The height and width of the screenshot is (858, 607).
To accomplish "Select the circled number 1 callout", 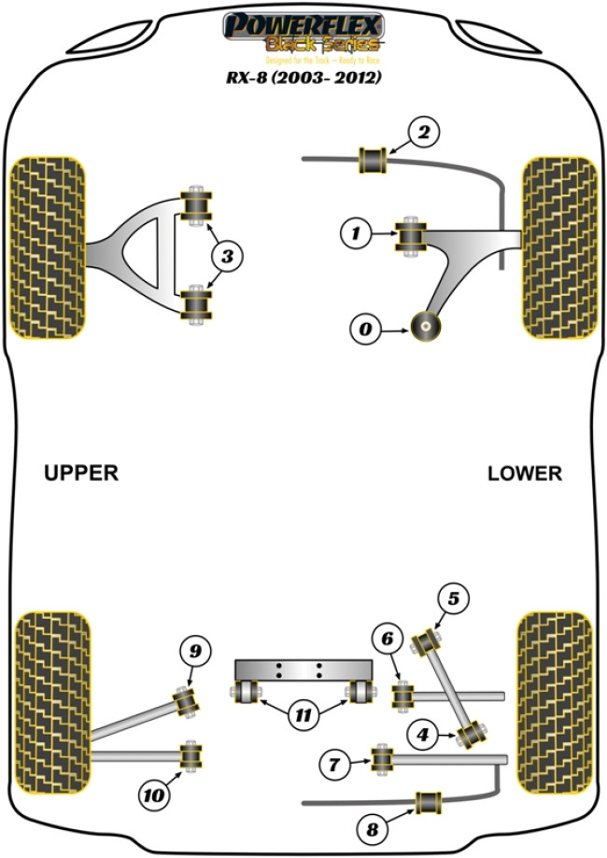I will [x=356, y=234].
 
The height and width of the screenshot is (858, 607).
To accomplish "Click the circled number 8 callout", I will [x=374, y=827].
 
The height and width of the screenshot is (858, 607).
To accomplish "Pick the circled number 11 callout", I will [x=302, y=716].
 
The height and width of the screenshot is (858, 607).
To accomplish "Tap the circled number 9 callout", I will [x=195, y=652].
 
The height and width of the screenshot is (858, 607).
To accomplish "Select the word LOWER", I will [x=525, y=473].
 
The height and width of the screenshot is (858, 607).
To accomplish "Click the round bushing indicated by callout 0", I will [x=427, y=329].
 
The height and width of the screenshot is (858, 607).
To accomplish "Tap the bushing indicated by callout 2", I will [x=374, y=160].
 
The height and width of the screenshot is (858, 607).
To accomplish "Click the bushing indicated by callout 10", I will [x=192, y=755].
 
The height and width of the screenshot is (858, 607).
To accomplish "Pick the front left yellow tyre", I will [x=48, y=246].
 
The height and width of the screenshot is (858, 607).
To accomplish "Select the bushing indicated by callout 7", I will [x=381, y=759].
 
